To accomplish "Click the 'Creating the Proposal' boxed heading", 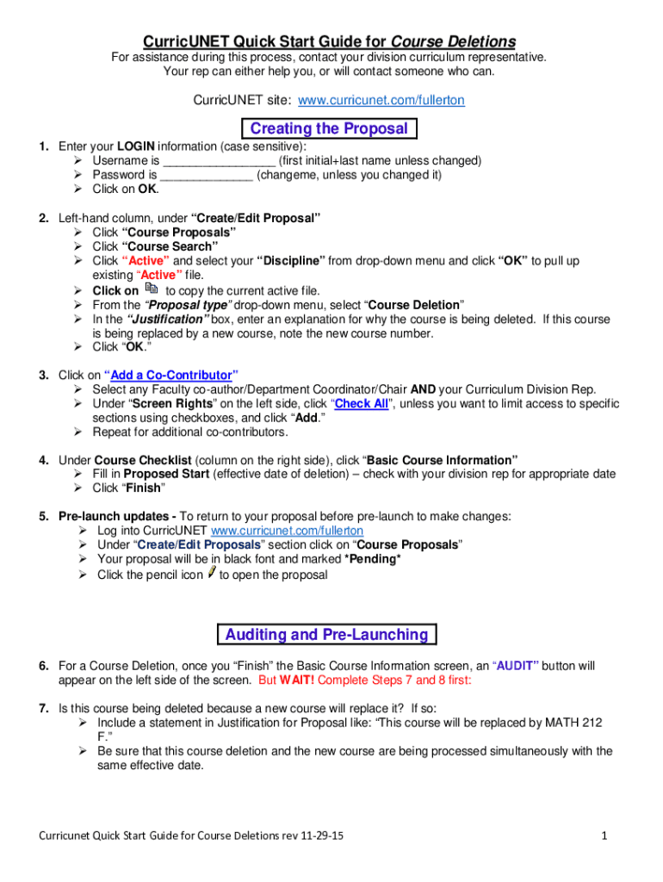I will point(329,129).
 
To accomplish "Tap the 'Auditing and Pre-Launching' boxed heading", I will point(326,635).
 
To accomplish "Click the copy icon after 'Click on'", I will point(152,289).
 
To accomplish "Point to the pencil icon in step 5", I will point(211,573).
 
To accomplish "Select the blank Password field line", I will point(207,175).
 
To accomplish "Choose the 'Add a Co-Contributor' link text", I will point(171,376).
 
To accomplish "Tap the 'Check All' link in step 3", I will point(362,403).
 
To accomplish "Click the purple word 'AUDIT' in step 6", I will point(516,666).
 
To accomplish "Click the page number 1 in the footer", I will point(606,835).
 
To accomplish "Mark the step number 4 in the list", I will point(43,460).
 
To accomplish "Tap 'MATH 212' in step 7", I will point(576,723).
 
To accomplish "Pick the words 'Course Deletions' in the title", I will point(454,41).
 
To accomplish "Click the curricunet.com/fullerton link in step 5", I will point(287,531).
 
